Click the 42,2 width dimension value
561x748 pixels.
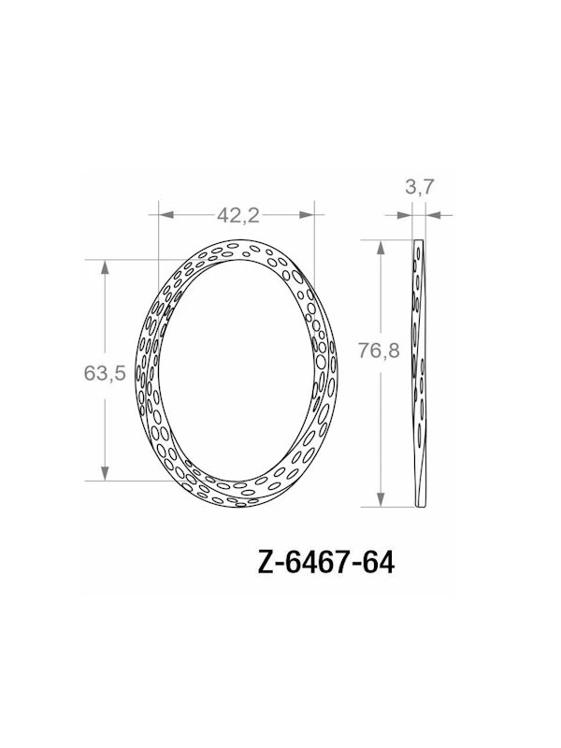pyautogui.click(x=237, y=214)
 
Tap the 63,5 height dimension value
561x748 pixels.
pyautogui.click(x=105, y=372)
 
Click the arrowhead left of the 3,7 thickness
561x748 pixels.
pyautogui.click(x=406, y=214)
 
